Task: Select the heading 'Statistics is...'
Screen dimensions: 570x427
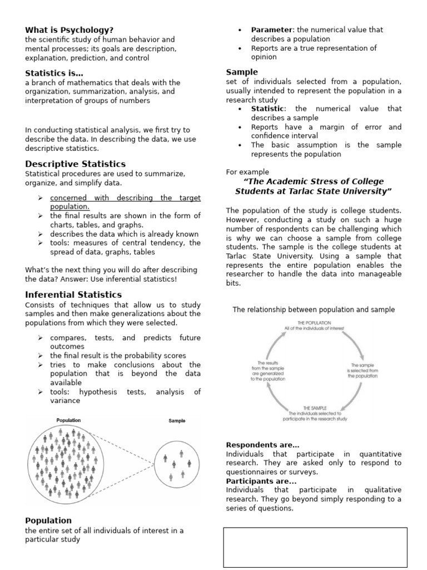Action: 54,73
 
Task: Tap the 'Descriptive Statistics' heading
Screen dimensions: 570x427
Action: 75,164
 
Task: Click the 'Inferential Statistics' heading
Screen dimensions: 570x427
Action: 73,294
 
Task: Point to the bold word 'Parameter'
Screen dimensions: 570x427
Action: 271,30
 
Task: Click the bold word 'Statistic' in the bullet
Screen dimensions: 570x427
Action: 267,109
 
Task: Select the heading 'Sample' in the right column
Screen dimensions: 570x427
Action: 242,72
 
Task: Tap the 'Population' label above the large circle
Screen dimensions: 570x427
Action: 68,420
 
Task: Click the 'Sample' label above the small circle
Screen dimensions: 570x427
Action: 177,421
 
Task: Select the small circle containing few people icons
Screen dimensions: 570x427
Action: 177,463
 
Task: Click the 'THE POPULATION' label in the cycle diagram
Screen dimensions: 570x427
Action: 314,322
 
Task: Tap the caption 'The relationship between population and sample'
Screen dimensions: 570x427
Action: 314,309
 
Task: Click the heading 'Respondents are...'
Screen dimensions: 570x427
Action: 262,445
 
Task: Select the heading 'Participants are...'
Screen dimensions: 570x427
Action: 261,481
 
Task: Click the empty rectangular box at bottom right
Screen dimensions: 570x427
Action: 315,547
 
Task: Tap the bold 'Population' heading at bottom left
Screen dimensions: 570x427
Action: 48,521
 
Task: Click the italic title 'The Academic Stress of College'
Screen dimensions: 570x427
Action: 314,182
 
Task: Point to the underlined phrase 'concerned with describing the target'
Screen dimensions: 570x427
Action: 125,198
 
